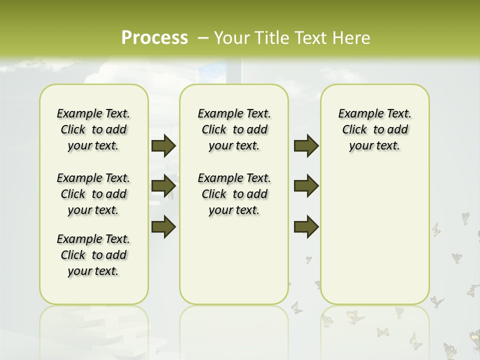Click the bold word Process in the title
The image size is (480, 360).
(x=154, y=37)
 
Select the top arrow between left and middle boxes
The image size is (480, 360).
(x=163, y=146)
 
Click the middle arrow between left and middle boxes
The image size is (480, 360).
(x=163, y=186)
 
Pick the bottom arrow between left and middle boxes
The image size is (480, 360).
(x=163, y=226)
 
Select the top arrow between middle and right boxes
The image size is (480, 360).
(x=306, y=146)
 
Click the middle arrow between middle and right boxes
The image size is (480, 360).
(x=306, y=186)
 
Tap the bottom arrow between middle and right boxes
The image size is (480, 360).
(x=306, y=226)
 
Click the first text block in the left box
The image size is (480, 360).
(x=93, y=129)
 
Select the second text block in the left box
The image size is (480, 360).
(x=93, y=194)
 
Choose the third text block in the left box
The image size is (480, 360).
(x=93, y=255)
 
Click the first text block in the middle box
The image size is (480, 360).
(x=234, y=129)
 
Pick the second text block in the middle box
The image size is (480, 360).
(x=234, y=194)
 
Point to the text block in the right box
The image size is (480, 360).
(x=375, y=129)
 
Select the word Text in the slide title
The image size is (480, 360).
(x=311, y=38)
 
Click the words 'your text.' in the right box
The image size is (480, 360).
(x=374, y=146)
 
